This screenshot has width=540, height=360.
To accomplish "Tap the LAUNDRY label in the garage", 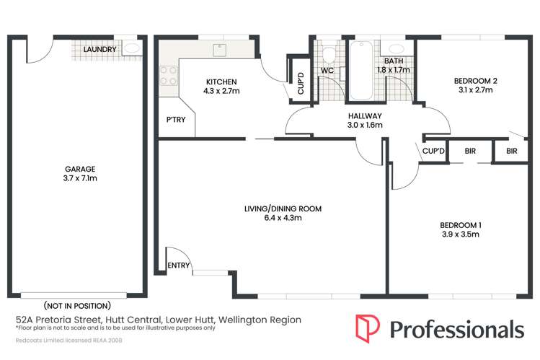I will click(99, 50).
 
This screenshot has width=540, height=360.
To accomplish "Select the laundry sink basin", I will click(133, 49).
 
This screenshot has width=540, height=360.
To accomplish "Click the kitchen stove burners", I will click(168, 76).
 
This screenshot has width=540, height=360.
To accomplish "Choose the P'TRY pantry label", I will click(176, 120).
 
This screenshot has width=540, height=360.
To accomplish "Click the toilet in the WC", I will click(328, 54).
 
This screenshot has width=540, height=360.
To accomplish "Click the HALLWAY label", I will click(364, 115).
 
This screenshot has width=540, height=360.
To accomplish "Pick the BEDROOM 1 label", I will click(461, 224).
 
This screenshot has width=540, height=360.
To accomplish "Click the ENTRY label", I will click(179, 265).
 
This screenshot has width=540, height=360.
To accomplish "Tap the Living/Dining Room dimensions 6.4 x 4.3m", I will click(282, 218).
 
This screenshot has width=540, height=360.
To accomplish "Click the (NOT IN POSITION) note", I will click(77, 305).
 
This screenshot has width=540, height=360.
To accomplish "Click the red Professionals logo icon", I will click(368, 328).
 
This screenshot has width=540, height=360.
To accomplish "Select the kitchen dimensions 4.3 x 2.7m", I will click(221, 92).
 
